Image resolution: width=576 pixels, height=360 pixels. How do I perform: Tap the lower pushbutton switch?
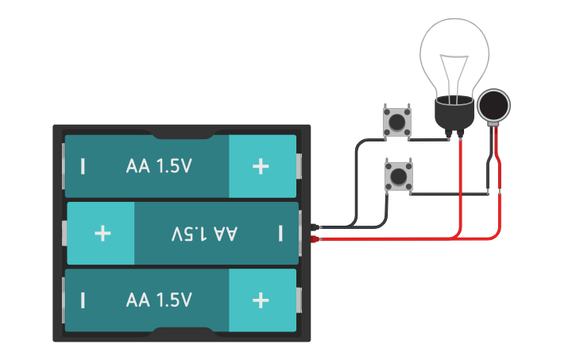(x=397, y=176)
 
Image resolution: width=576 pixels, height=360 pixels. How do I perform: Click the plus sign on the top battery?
(x=261, y=166)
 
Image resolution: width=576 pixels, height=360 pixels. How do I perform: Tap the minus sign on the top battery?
(x=83, y=167)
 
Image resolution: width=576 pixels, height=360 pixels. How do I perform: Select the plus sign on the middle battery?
(x=102, y=233)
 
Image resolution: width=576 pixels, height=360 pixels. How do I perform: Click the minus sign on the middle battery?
(x=280, y=233)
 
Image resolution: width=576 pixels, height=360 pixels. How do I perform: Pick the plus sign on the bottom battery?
(x=261, y=300)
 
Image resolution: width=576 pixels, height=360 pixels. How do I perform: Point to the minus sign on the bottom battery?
(x=83, y=300)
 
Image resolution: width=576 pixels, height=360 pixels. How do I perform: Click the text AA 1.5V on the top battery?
(x=159, y=167)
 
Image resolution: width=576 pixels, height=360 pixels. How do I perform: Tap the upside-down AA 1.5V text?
(x=204, y=234)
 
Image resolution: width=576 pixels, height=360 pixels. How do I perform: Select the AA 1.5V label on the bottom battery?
(x=159, y=300)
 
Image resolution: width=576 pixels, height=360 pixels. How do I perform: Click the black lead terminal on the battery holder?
(x=316, y=226)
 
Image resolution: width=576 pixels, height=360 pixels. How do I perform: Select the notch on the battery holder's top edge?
(x=180, y=129)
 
